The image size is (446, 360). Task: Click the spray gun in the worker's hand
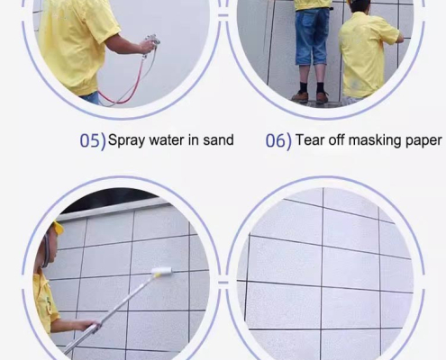pyautogui.click(x=150, y=43)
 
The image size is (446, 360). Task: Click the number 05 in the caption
pyautogui.click(x=89, y=141)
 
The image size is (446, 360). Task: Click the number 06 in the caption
pyautogui.click(x=276, y=141)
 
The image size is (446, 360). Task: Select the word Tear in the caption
pyautogui.click(x=309, y=140)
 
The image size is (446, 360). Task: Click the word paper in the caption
pyautogui.click(x=424, y=141)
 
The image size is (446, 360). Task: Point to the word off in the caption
pyautogui.click(x=337, y=140)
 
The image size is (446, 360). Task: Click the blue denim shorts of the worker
pyautogui.click(x=314, y=36)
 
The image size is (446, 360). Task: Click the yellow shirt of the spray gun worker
pyautogui.click(x=77, y=40)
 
